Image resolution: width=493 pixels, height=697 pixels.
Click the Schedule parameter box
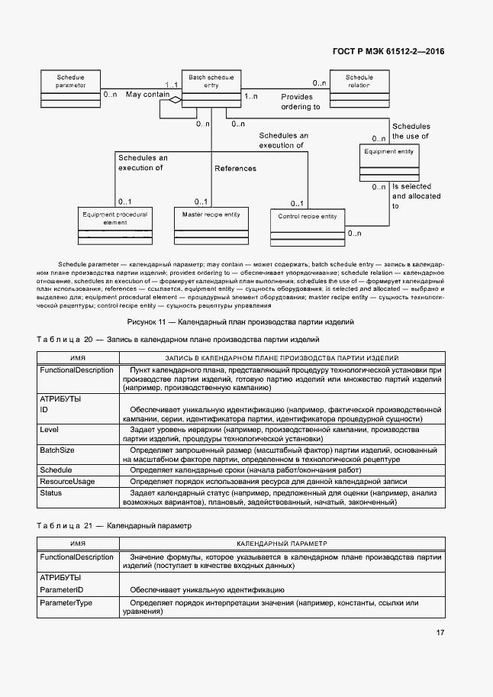70,87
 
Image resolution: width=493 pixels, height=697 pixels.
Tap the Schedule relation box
359,87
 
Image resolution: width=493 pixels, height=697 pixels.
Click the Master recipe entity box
211,223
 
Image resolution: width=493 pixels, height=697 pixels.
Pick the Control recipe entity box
307,226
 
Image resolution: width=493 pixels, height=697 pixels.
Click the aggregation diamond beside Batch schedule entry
175,100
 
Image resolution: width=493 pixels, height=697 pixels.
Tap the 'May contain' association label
147,95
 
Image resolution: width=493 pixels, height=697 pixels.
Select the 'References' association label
235,169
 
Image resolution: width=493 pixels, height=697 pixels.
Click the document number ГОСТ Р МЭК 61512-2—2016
389,51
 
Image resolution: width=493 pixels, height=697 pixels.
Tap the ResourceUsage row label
67,482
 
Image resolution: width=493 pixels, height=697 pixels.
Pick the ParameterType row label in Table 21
66,603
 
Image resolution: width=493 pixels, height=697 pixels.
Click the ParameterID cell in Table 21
61,590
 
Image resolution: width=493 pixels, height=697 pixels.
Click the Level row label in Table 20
49,430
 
